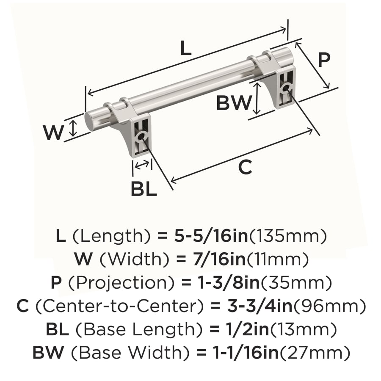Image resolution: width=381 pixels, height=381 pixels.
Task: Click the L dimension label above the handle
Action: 186,48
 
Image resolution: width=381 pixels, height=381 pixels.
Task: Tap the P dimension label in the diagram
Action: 324,60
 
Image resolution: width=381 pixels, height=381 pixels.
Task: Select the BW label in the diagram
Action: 234,103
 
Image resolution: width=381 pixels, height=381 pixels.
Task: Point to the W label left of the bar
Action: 53,133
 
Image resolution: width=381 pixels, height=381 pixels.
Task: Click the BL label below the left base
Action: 144,189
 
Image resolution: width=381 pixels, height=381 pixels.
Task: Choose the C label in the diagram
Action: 245,167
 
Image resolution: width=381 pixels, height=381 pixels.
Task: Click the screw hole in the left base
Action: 140,137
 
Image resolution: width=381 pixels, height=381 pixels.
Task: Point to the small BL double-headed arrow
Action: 142,165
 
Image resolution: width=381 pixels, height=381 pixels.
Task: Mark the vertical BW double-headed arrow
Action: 257,98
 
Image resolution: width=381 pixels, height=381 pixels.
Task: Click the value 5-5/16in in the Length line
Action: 211,236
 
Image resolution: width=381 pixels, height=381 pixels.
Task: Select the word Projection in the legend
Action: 121,283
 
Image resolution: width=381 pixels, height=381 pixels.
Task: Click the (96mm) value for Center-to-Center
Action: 329,306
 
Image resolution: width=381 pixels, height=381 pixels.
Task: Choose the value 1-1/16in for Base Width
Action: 246,353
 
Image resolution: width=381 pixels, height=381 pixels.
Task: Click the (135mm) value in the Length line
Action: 288,236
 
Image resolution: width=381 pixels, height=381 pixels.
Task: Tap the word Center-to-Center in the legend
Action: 119,306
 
